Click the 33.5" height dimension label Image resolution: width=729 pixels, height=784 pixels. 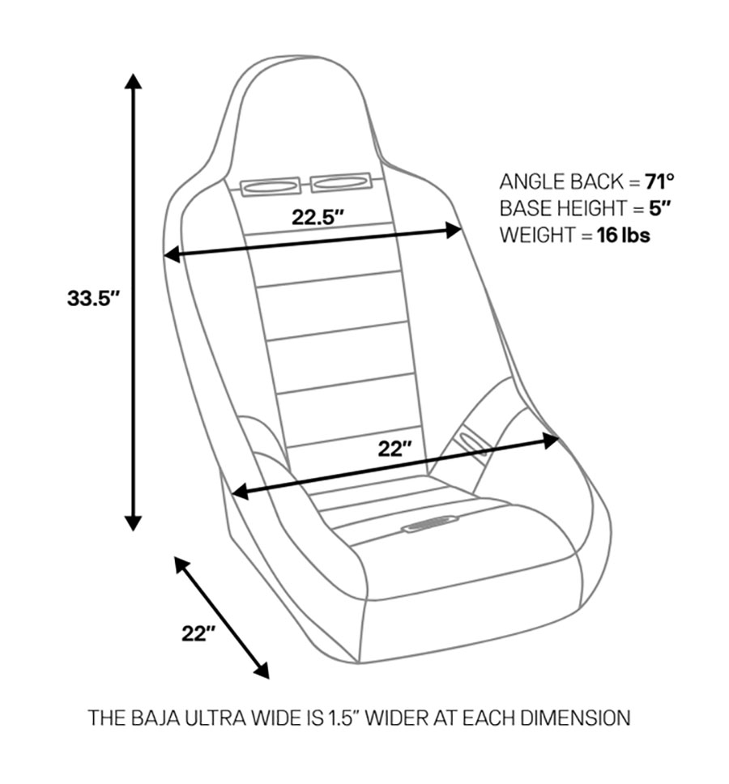pyautogui.click(x=93, y=298)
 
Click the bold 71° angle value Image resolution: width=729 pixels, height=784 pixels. pyautogui.click(x=659, y=181)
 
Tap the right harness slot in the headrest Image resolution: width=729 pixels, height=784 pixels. pyautogui.click(x=340, y=183)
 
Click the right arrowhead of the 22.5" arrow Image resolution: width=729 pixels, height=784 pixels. pyautogui.click(x=454, y=231)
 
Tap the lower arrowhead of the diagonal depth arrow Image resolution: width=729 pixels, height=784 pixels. pyautogui.click(x=262, y=671)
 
